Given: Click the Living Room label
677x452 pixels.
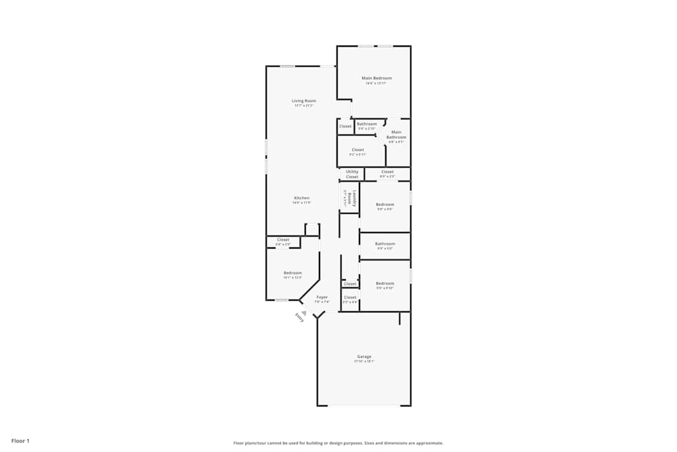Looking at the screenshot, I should (x=304, y=101).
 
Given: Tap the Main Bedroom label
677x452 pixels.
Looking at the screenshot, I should (x=376, y=78).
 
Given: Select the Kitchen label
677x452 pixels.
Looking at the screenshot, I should (x=301, y=198).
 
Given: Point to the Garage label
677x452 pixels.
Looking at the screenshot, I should (x=364, y=356).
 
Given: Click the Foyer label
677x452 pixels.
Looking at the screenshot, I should (x=322, y=297).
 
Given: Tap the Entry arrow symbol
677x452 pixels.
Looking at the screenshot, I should (x=304, y=312).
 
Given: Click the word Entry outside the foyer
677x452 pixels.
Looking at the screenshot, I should (x=299, y=317).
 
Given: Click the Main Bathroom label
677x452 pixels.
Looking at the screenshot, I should (x=396, y=135).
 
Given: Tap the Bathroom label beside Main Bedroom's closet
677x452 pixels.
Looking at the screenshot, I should (x=367, y=124).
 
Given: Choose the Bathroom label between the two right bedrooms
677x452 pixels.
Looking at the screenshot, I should (x=385, y=244).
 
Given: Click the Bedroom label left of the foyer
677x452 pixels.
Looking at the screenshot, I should (x=292, y=272).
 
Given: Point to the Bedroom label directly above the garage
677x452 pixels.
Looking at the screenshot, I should (x=385, y=283).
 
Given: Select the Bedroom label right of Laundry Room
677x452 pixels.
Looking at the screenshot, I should (x=385, y=205).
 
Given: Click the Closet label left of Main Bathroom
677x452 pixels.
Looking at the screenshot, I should (x=357, y=150).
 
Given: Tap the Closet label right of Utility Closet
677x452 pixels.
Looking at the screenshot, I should (x=387, y=172).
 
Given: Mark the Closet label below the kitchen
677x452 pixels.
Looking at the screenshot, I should (x=283, y=239).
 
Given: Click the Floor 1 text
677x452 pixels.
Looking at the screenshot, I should (x=20, y=441).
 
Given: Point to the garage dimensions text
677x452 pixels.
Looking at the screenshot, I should (x=364, y=361).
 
